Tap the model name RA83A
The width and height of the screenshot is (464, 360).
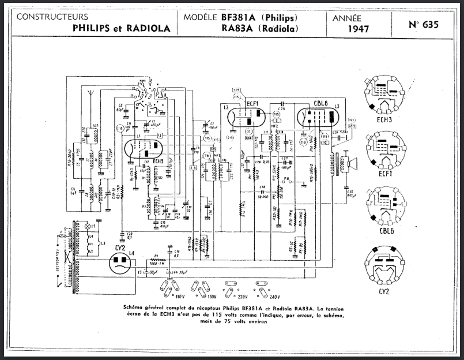pyautogui.click(x=233, y=28)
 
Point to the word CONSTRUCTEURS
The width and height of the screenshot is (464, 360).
pyautogui.click(x=52, y=17)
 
